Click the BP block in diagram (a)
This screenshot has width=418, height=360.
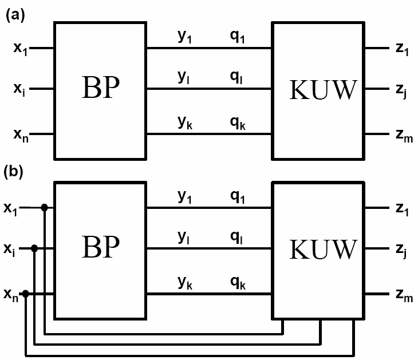(x=100, y=90)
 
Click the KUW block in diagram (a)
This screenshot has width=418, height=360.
(x=318, y=90)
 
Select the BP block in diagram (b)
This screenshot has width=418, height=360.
(x=100, y=250)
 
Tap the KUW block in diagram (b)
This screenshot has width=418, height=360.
(x=318, y=250)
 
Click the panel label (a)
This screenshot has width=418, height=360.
(x=15, y=16)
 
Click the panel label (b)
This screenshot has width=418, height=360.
(x=15, y=172)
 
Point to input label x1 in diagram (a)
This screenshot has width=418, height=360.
(x=21, y=48)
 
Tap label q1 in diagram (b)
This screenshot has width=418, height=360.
(x=237, y=197)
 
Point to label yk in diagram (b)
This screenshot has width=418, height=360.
(x=185, y=283)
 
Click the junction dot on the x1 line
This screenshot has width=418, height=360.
(x=45, y=207)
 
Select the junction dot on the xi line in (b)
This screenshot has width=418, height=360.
(x=35, y=248)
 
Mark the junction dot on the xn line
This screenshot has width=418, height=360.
(x=25, y=294)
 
